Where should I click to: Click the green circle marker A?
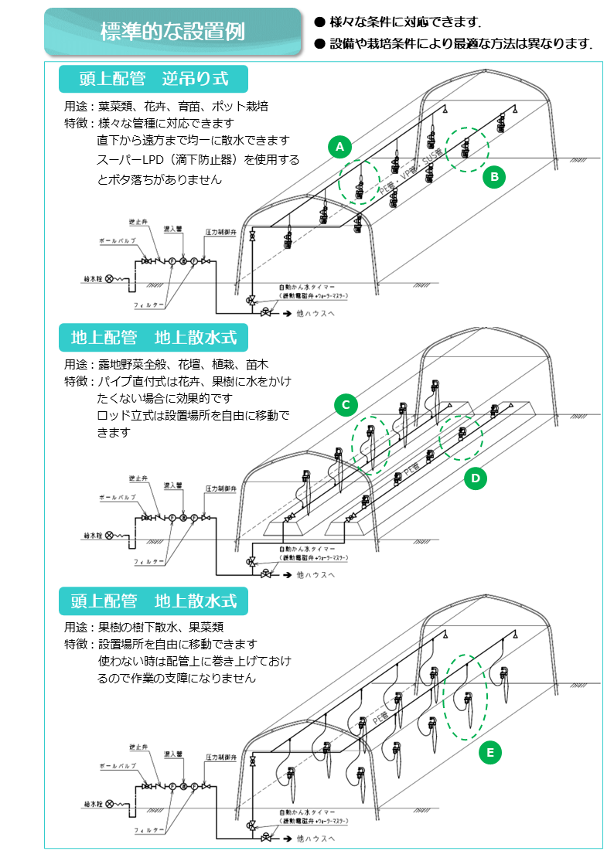click(x=339, y=146)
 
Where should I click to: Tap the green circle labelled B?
click(x=494, y=178)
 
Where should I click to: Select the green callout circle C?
click(x=346, y=404)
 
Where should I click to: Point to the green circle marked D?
click(x=476, y=479)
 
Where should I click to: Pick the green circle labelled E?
click(x=490, y=752)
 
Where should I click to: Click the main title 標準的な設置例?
click(x=172, y=32)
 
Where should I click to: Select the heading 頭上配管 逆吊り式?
click(x=153, y=79)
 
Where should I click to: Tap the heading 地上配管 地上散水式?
click(x=153, y=338)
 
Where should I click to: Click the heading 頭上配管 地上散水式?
click(x=153, y=601)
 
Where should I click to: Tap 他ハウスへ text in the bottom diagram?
click(x=315, y=839)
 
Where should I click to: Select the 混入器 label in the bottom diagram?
click(x=172, y=754)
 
